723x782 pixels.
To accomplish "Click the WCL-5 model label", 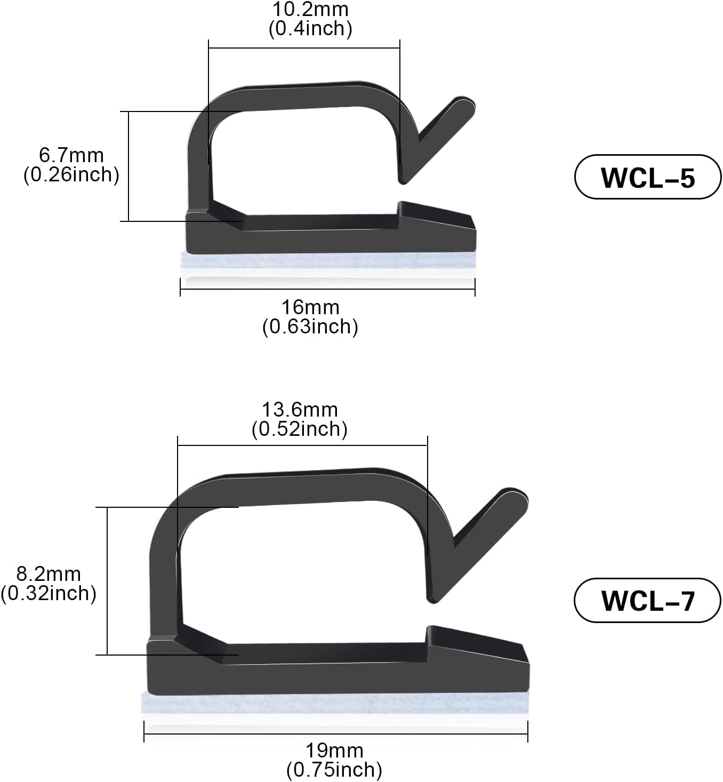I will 647,177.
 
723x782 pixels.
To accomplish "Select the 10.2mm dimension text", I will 310,9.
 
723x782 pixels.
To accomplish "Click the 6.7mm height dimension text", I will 71,155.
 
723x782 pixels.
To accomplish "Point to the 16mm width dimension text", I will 310,307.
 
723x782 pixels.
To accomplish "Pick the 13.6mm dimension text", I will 300,410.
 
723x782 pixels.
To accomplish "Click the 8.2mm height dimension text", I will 49,574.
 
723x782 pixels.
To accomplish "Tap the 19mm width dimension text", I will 334,751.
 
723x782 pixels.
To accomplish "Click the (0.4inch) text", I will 310,28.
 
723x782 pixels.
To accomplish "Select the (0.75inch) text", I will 334,770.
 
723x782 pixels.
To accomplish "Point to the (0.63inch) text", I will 310,326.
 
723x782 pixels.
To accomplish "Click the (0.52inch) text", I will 300,429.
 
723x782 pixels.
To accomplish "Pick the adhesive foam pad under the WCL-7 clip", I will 335,703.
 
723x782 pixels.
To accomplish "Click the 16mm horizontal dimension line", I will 328,290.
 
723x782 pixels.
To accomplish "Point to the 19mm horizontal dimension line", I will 336,735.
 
